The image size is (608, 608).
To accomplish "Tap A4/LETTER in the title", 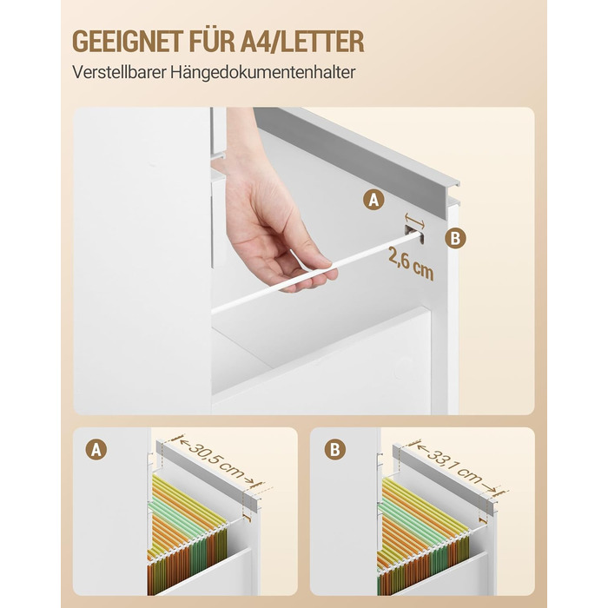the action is (302, 41).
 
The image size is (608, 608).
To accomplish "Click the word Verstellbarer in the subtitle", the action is (119, 72).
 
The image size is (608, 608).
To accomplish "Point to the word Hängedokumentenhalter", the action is (262, 73).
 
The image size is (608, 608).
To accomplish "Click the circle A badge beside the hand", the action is (373, 200).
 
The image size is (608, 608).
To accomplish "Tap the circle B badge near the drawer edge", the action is (455, 238).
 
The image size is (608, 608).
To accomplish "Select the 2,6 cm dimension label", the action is (411, 263).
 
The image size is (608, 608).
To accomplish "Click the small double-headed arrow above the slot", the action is (414, 220).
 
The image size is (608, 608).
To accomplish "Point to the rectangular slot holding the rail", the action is (413, 235).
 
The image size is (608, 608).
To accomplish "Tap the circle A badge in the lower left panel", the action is (96, 450).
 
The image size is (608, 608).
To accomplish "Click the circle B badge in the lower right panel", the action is (335, 449).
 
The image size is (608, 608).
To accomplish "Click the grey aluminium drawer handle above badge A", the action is (356, 153).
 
